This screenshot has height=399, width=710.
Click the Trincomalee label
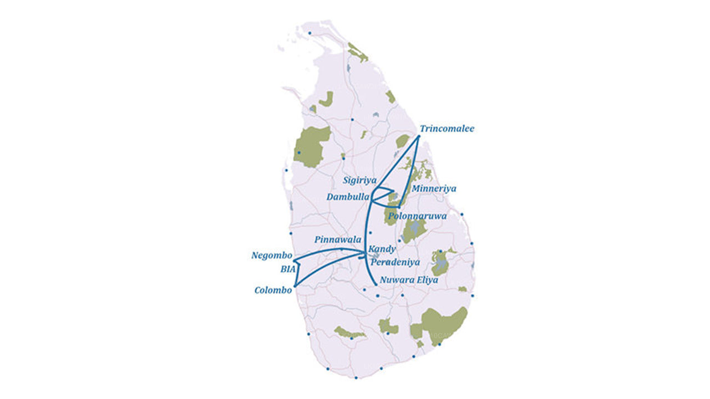click(447, 129)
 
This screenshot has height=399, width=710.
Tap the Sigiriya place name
click(359, 181)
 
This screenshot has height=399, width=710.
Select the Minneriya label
click(434, 189)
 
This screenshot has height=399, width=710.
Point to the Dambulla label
click(348, 197)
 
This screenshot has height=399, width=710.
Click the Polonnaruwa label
click(418, 216)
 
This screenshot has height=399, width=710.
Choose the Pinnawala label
click(338, 240)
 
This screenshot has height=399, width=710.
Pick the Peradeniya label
click(395, 262)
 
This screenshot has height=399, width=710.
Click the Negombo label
click(272, 255)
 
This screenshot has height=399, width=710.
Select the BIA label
click(288, 269)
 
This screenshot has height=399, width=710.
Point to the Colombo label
click(273, 290)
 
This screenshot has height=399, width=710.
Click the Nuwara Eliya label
click(409, 280)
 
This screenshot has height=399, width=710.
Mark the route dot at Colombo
click(295, 285)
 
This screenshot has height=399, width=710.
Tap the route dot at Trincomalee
click(418, 136)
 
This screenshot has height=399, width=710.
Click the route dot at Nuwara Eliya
click(377, 284)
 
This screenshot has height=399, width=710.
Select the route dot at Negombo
click(295, 260)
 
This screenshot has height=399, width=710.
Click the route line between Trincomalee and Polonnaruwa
click(409, 172)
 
